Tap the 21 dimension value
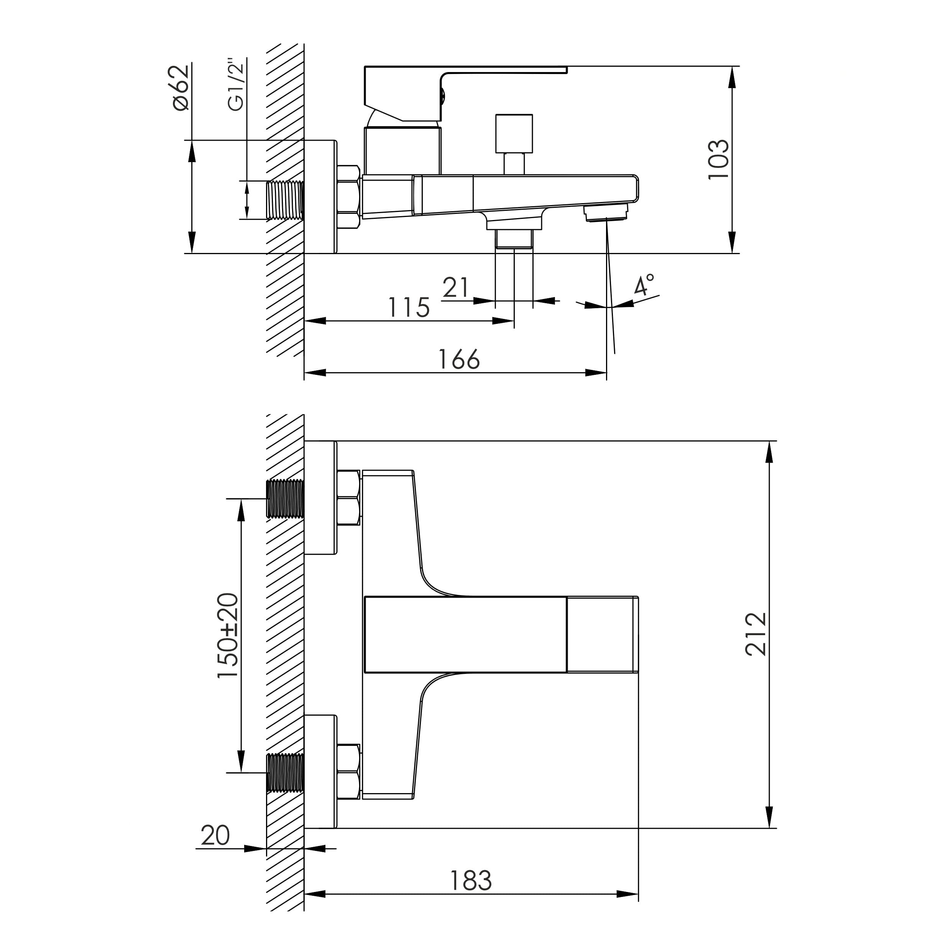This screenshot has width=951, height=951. (455, 287)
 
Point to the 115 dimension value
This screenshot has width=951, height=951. (409, 308)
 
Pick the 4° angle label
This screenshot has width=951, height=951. (644, 286)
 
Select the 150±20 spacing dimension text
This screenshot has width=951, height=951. (228, 636)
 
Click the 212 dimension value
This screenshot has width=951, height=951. (755, 634)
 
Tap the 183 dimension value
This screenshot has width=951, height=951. (471, 880)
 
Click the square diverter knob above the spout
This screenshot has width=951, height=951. (514, 134)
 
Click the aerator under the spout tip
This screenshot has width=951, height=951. (606, 213)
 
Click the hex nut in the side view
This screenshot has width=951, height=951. (348, 197)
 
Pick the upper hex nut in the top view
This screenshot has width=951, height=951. (348, 498)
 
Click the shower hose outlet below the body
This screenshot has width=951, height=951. (514, 239)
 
